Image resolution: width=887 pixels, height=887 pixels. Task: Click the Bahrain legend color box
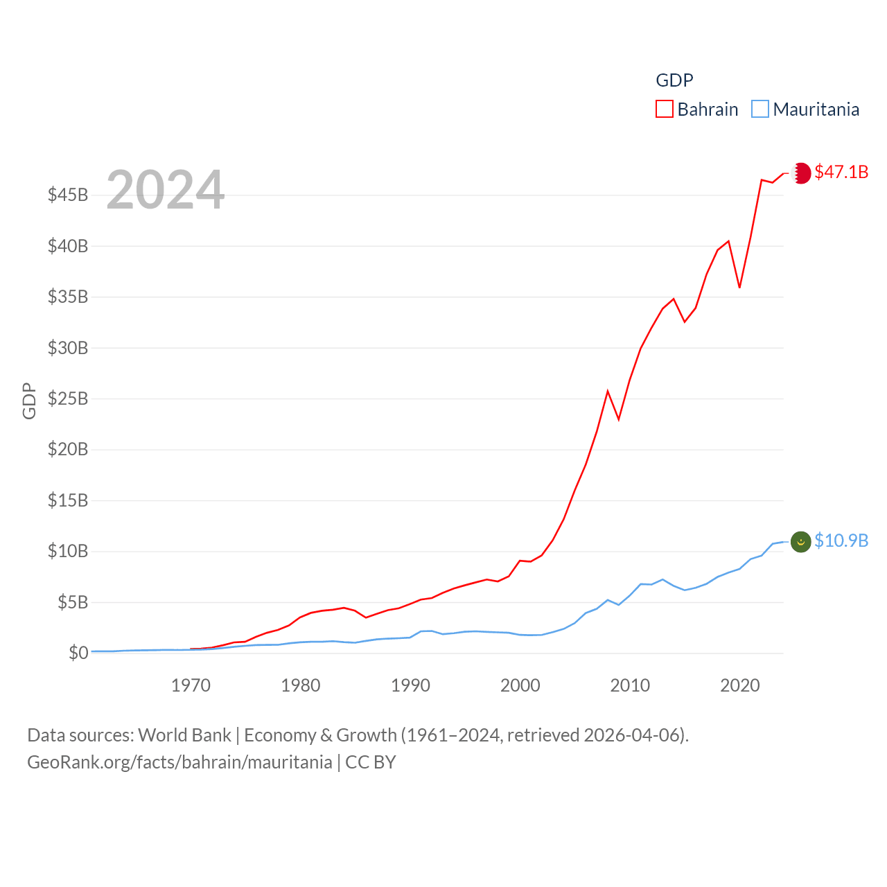[664, 109]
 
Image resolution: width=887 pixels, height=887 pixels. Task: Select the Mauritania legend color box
[760, 109]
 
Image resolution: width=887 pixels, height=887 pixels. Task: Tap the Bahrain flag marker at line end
[801, 173]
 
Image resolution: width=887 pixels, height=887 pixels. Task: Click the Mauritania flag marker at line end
[801, 541]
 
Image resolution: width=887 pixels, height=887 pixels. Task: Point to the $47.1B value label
[841, 172]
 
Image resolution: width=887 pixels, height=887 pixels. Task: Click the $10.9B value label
[841, 541]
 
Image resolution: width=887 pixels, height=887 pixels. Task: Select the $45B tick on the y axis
[68, 195]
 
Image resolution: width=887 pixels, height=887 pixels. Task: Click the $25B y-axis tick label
[68, 398]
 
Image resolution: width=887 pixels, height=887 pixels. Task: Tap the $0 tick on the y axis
[78, 653]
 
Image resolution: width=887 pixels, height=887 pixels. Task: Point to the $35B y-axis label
[68, 297]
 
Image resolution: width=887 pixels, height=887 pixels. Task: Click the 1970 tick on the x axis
[191, 685]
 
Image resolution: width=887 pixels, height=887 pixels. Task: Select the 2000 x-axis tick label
[520, 685]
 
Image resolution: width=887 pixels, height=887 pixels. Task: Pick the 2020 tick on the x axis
[740, 685]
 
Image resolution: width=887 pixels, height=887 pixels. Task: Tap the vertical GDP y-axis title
[29, 401]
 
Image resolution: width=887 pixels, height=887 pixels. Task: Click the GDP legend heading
[674, 80]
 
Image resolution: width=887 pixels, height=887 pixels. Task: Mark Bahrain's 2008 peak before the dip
[608, 392]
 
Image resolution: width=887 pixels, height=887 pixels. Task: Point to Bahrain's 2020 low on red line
[739, 287]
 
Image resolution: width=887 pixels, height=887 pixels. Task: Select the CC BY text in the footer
[371, 762]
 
